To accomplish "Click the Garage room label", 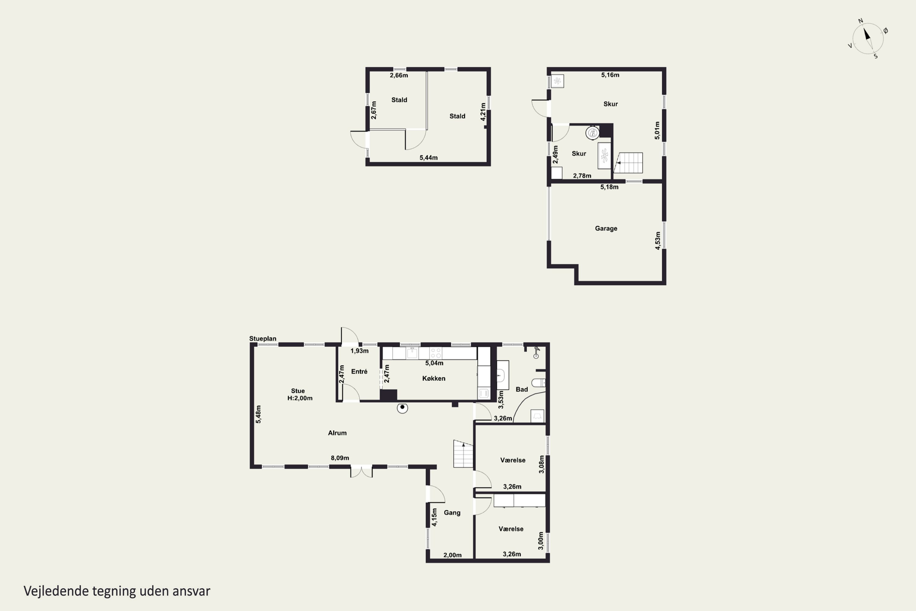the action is point(606,228).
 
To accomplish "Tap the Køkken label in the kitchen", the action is point(434,379).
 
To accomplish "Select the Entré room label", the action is point(359,371).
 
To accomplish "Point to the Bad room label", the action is point(522,389).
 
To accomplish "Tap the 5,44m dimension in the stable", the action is point(428,158).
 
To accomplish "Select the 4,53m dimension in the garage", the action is point(658,240).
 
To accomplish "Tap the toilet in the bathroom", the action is point(539,383).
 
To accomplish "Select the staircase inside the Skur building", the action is point(628,163).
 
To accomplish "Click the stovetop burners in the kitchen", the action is point(436,353).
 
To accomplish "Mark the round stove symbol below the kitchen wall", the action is point(402,408).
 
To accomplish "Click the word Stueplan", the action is point(263,338).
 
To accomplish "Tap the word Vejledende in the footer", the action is point(56,591).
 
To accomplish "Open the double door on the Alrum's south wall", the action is point(362,471).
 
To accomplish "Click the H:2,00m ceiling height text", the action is point(300,398).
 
